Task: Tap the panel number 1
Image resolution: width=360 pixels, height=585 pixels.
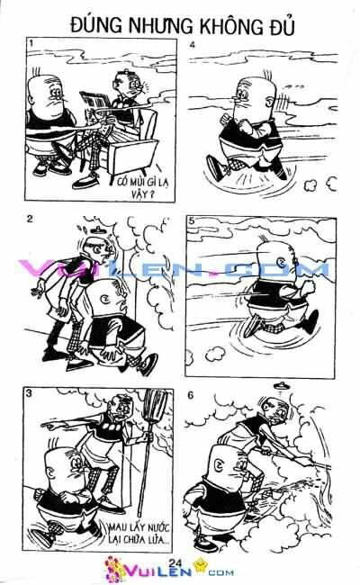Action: (x=31, y=44)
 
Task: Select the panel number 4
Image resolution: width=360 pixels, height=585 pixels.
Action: (x=192, y=44)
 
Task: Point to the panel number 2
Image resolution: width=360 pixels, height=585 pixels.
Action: (x=31, y=219)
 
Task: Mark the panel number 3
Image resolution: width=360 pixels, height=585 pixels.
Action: (x=31, y=393)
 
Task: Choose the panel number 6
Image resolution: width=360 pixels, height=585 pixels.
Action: (x=192, y=393)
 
